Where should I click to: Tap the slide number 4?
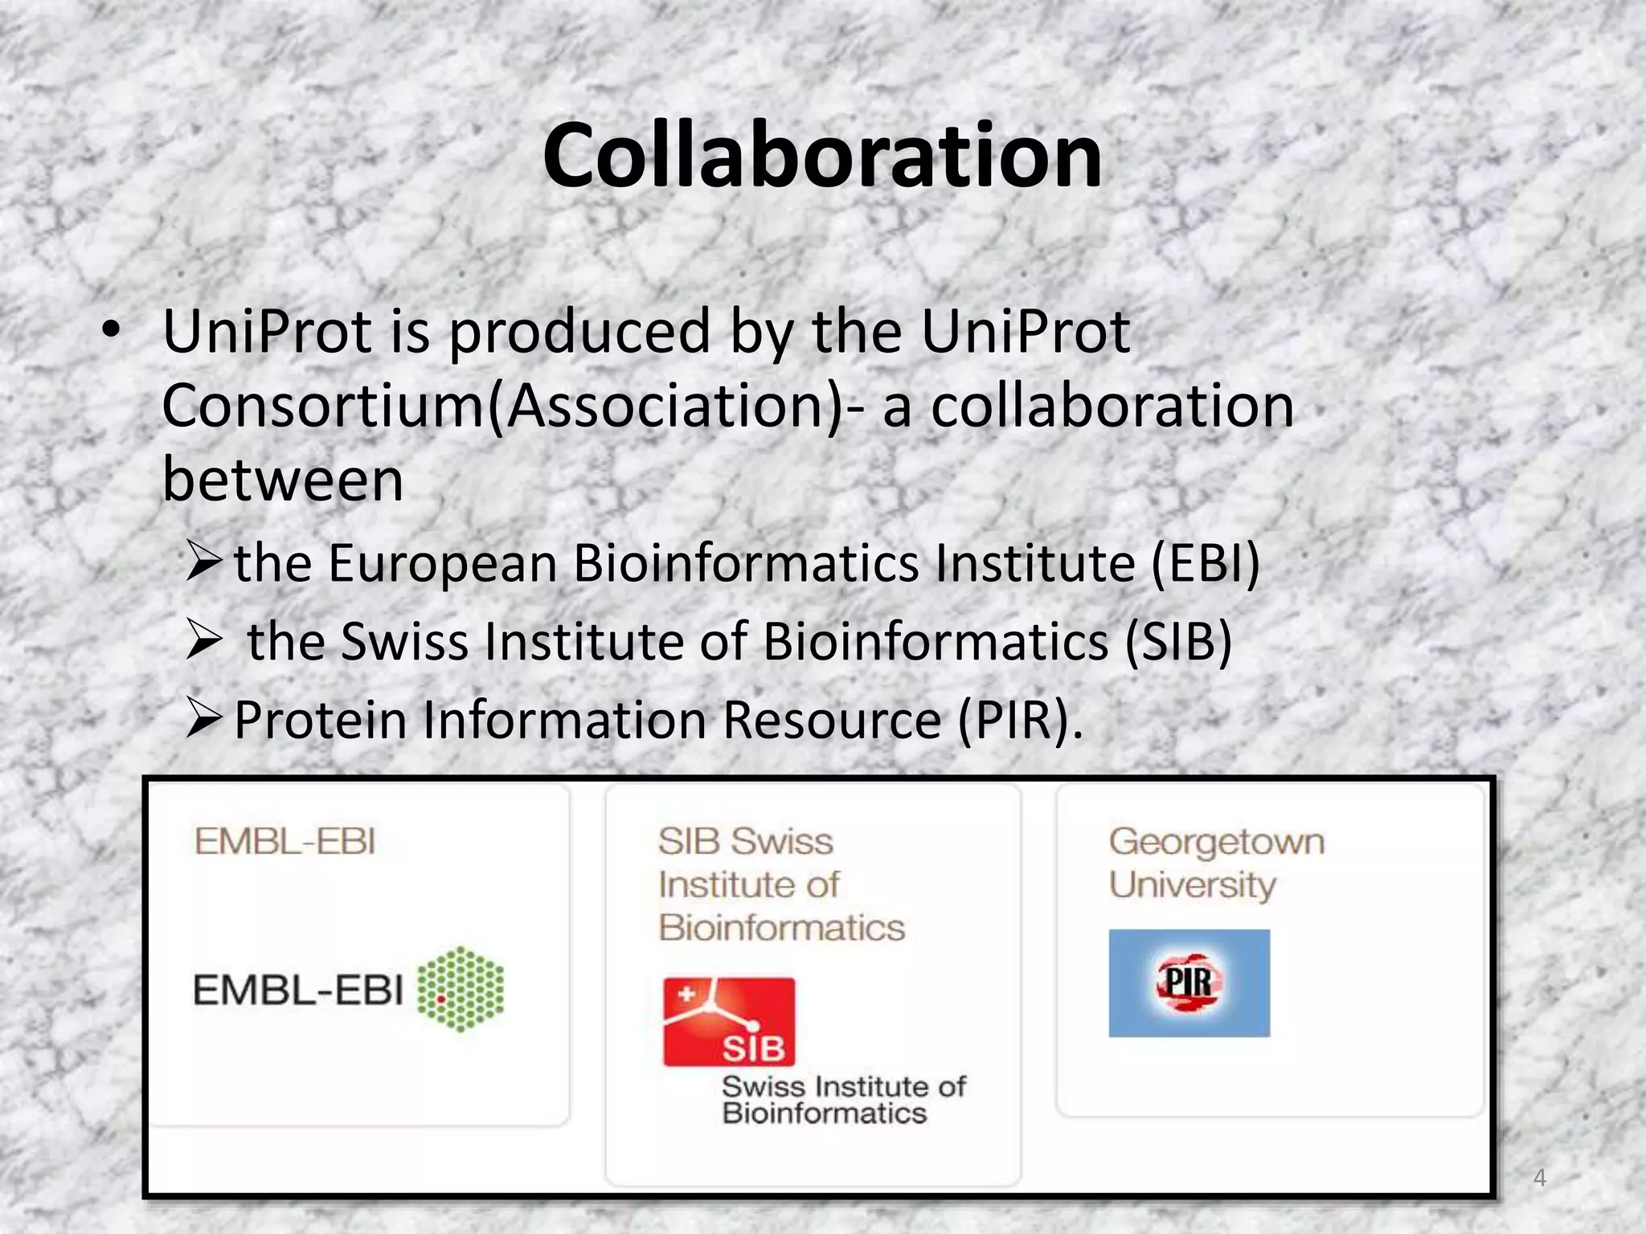(1539, 1178)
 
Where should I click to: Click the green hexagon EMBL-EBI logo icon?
(461, 989)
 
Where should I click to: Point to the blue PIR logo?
(1189, 983)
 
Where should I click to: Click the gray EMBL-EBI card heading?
(285, 842)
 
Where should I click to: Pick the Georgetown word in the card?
(1216, 842)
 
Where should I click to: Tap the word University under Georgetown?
(1192, 885)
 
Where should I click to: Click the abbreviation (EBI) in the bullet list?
(1205, 563)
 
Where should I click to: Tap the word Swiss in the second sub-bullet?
(404, 642)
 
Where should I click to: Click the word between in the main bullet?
(282, 480)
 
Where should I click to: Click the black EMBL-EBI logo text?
(297, 990)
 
